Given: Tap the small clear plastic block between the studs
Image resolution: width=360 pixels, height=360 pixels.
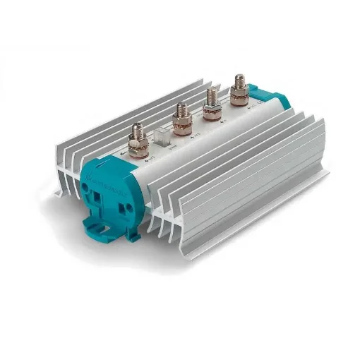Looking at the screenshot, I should [x=161, y=136].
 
